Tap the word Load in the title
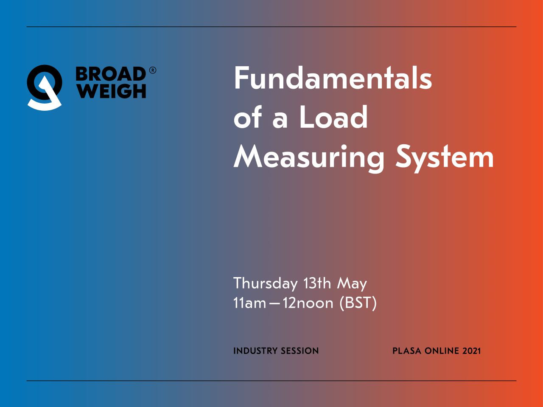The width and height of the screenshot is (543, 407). (x=334, y=117)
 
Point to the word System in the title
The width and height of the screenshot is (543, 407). (x=445, y=158)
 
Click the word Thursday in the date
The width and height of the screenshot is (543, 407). (x=266, y=283)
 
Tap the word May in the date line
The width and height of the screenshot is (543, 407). (x=352, y=283)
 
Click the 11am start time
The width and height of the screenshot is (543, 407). (x=250, y=303)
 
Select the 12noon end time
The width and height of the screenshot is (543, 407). (x=308, y=303)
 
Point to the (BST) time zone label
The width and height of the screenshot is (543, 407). (x=358, y=303)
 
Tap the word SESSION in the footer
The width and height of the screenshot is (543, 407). (x=299, y=351)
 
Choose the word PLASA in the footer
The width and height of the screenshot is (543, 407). (x=407, y=351)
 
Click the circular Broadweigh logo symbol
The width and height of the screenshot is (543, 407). (x=45, y=87)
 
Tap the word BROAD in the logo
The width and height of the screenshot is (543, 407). (x=111, y=74)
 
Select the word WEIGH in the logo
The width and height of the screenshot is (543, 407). (x=112, y=91)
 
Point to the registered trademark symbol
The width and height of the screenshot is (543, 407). (x=153, y=70)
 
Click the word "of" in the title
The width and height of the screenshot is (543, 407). (x=248, y=117)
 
